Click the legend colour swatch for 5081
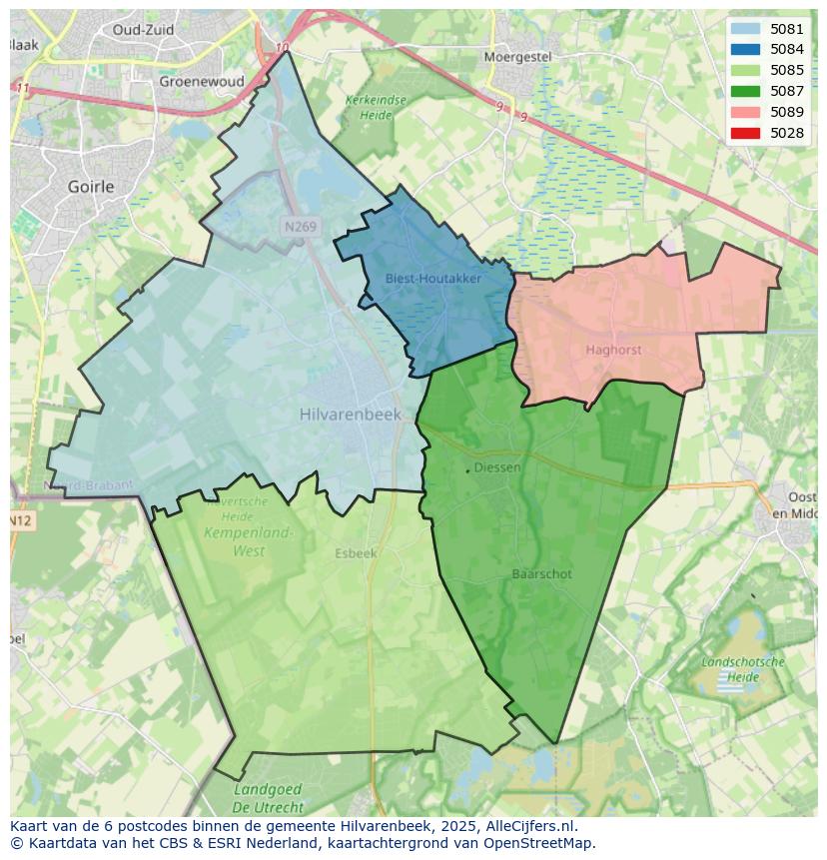coord(744,29)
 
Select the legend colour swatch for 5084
coord(744,50)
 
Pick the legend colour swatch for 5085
coord(744,71)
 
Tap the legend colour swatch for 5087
coord(744,91)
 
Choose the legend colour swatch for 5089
coord(744,112)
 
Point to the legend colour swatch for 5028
coord(744,133)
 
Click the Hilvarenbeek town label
coord(350,415)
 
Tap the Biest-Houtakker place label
coord(433,279)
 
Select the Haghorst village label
coord(613,351)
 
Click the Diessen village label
coord(497,467)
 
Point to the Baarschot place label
coord(541,574)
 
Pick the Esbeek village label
coord(356,553)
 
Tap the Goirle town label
coord(91,187)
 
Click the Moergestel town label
coord(517,57)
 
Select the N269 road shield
coord(300,227)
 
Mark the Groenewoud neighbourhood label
coord(202,82)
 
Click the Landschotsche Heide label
coord(743,669)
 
